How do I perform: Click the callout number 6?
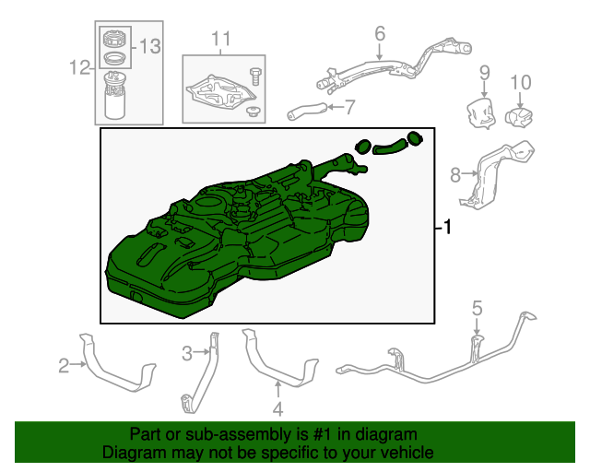[380, 33]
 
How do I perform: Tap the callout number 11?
[221, 39]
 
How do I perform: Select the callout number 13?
[150, 47]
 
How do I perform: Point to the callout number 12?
[80, 67]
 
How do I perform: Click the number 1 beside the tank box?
[446, 227]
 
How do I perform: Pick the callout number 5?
[477, 308]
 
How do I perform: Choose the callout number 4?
[277, 409]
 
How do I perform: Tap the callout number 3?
[187, 354]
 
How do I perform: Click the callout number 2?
[64, 365]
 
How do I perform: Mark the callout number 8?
[455, 175]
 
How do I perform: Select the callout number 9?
[485, 73]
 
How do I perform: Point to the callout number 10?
[521, 82]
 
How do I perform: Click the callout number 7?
[350, 107]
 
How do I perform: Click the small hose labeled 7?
[307, 111]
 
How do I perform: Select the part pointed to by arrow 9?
[479, 112]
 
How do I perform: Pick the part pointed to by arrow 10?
[519, 117]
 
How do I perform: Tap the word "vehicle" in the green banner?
[408, 452]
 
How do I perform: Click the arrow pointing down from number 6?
[379, 52]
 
